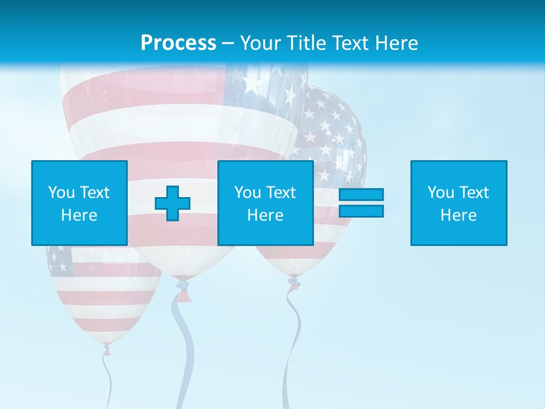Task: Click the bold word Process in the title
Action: [178, 43]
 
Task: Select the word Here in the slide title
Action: [393, 43]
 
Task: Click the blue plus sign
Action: [173, 203]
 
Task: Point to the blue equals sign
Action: [361, 203]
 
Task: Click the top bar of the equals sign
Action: [361, 195]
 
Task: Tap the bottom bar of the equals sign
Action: [361, 211]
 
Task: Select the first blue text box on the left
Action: [79, 203]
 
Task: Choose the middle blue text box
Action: [265, 203]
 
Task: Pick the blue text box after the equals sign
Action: [458, 203]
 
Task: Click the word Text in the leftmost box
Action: [95, 193]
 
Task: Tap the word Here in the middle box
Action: [265, 215]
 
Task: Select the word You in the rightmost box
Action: [441, 193]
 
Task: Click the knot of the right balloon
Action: [294, 282]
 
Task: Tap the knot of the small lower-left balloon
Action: [106, 350]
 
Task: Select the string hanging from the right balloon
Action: [296, 341]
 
